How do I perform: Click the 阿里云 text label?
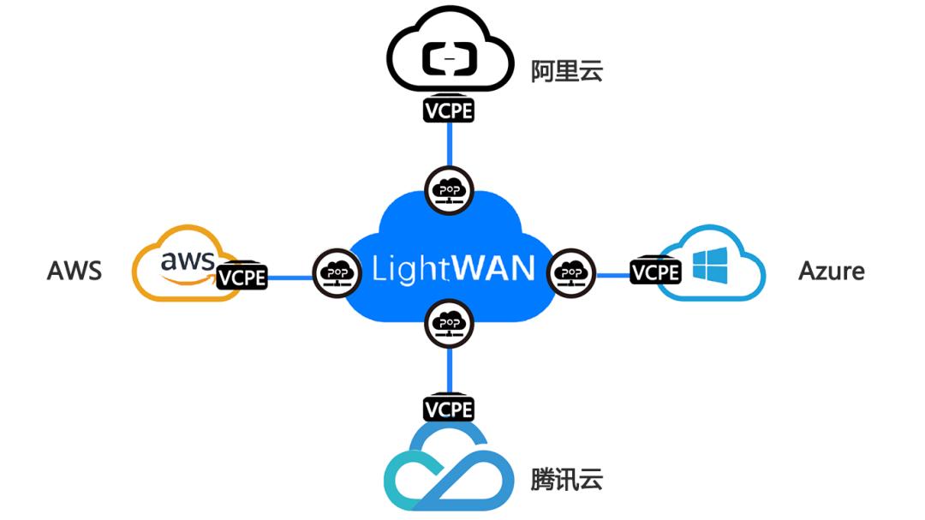566,71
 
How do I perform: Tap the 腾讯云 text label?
566,479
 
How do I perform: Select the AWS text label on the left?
75,271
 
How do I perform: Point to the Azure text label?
831,271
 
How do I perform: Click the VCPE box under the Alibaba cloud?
449,110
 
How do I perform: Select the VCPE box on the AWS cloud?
242,277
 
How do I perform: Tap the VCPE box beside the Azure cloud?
655,272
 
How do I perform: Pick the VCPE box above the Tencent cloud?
449,408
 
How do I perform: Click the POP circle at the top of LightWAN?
449,188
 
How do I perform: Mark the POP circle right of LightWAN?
568,272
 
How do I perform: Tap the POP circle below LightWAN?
449,323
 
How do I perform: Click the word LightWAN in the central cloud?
453,268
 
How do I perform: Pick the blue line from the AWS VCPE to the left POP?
289,277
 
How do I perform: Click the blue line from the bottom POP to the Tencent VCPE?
449,370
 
